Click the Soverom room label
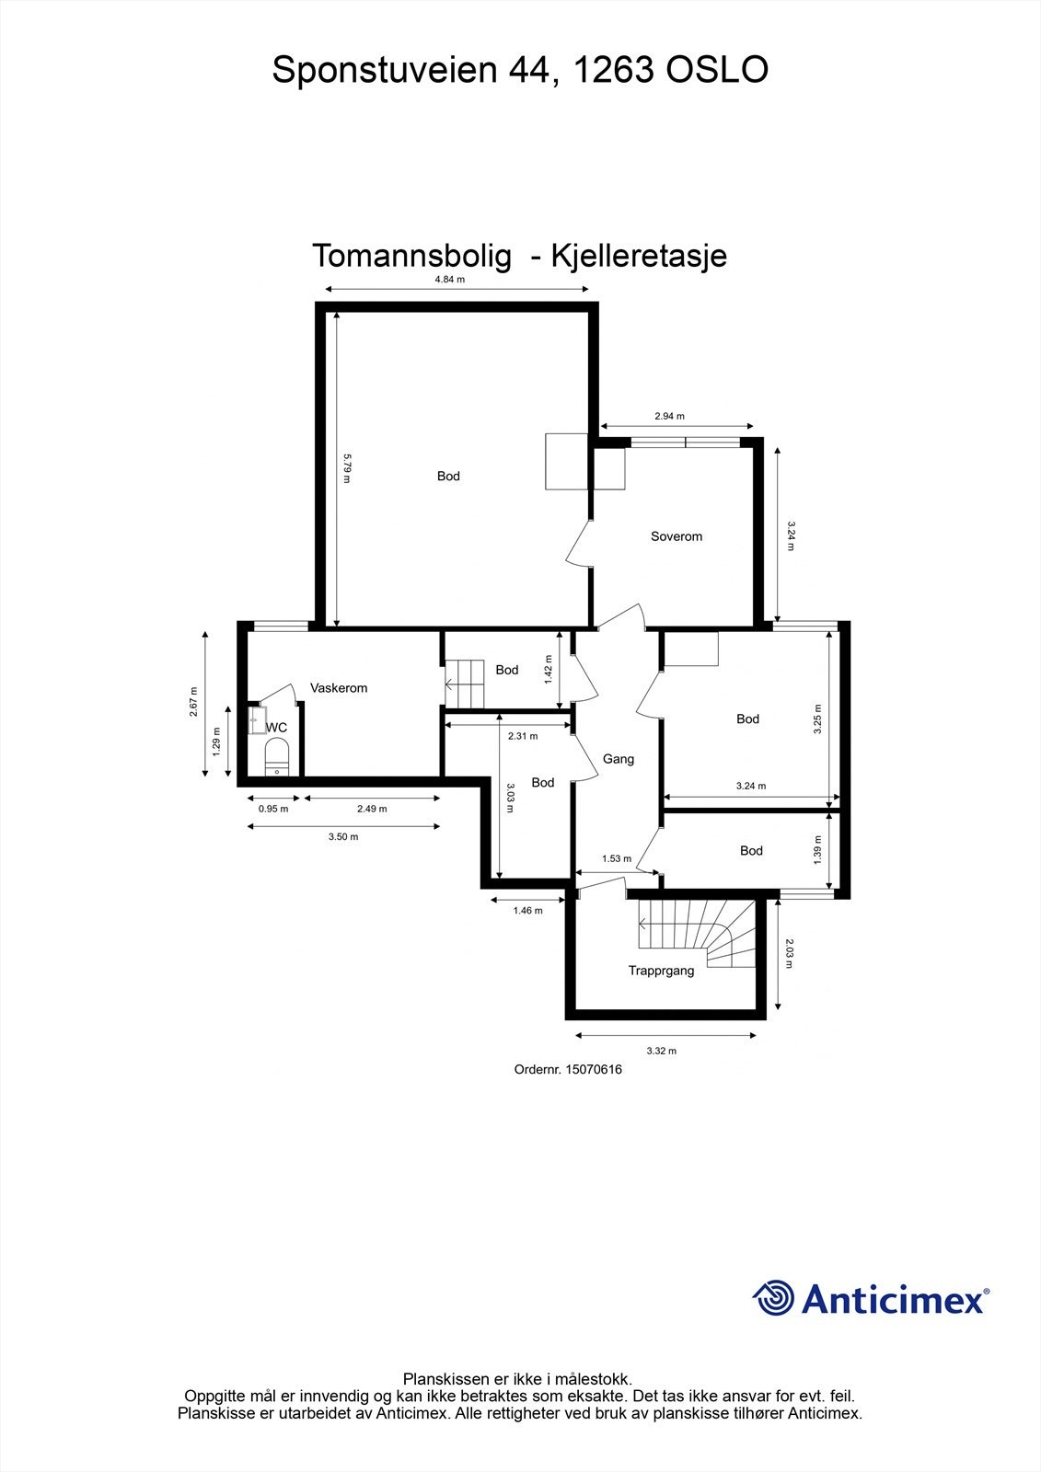676,536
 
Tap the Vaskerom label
339,688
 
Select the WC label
276,728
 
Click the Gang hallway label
618,759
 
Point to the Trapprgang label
661,971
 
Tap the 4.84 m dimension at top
450,280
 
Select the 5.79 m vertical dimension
347,467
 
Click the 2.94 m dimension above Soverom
669,416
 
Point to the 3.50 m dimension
343,837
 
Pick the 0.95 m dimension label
273,810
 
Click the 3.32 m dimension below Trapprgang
661,1051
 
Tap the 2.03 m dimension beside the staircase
789,953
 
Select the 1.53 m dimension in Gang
616,859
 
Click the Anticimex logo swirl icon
774,1298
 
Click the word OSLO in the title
717,70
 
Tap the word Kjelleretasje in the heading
639,256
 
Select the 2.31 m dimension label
523,736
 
